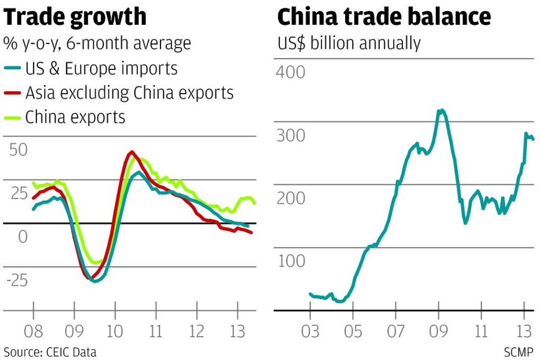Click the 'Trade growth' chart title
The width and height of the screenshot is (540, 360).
75,17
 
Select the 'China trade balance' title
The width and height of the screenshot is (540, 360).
384,17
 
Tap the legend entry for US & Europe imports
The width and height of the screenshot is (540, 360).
101,68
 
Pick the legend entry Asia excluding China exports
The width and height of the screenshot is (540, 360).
129,93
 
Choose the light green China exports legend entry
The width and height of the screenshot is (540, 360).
75,116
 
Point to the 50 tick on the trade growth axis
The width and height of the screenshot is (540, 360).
18,149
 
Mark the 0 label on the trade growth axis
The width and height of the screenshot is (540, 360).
22,237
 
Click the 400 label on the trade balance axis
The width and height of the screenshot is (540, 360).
291,71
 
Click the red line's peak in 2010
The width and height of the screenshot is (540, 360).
132,152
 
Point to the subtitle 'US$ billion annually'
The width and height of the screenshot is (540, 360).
349,43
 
